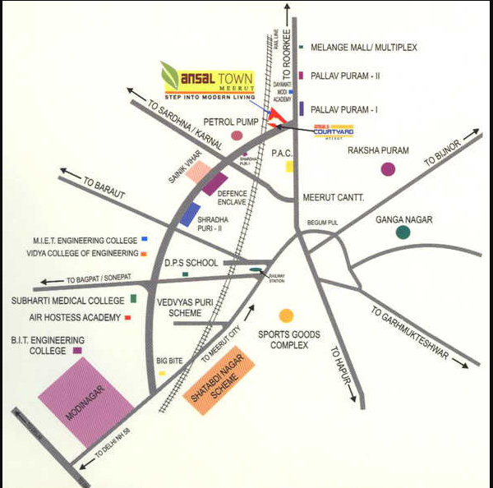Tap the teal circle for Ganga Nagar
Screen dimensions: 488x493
[403, 232]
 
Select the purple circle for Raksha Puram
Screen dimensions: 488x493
[388, 169]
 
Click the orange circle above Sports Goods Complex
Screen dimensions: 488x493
[286, 315]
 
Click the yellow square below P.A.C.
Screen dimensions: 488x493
[289, 167]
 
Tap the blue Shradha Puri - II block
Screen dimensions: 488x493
[190, 214]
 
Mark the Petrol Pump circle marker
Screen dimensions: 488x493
[237, 135]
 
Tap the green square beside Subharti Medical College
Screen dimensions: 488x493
[133, 298]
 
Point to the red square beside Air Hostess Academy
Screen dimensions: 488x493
[128, 316]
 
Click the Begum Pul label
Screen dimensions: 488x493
[323, 223]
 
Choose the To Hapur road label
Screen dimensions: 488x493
[344, 369]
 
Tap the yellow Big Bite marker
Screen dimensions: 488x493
[162, 374]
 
